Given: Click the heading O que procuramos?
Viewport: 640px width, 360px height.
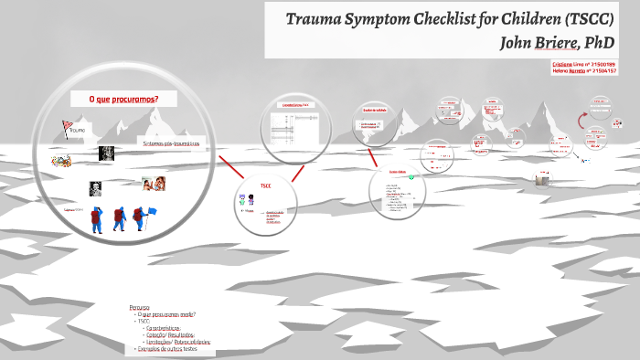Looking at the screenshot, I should click(123, 99).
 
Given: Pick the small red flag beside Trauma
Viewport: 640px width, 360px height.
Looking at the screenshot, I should click(65, 126).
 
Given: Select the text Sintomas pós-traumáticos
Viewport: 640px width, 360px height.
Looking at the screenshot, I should click(171, 144).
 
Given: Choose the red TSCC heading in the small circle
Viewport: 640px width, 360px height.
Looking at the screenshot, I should click(265, 185).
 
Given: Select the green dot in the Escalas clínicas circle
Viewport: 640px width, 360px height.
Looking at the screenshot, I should click(411, 177).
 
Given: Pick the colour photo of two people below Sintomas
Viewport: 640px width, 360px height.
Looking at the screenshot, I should click(154, 183).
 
